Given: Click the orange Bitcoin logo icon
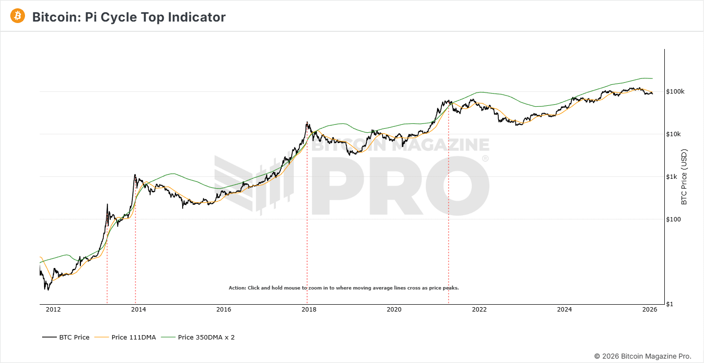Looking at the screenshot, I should pyautogui.click(x=18, y=16).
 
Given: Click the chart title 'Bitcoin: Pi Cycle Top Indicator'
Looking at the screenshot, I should pyautogui.click(x=129, y=17).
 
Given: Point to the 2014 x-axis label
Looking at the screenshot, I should pyautogui.click(x=138, y=309).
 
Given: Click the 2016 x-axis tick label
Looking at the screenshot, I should pyautogui.click(x=223, y=309).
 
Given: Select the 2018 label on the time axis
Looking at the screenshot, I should pyautogui.click(x=309, y=309).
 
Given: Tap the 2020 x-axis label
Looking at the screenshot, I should pyautogui.click(x=394, y=309).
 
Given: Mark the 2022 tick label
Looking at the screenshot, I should pyautogui.click(x=479, y=309).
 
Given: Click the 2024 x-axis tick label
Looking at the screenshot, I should pyautogui.click(x=564, y=309).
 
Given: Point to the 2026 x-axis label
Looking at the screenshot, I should pyautogui.click(x=650, y=309).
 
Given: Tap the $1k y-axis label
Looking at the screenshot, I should pyautogui.click(x=672, y=177).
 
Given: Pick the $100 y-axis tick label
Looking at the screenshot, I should pyautogui.click(x=674, y=219).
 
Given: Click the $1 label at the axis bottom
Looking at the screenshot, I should pyautogui.click(x=670, y=304).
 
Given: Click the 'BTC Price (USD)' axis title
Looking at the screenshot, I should pyautogui.click(x=684, y=177).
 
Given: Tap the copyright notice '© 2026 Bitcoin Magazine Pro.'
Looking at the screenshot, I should pyautogui.click(x=643, y=356).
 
